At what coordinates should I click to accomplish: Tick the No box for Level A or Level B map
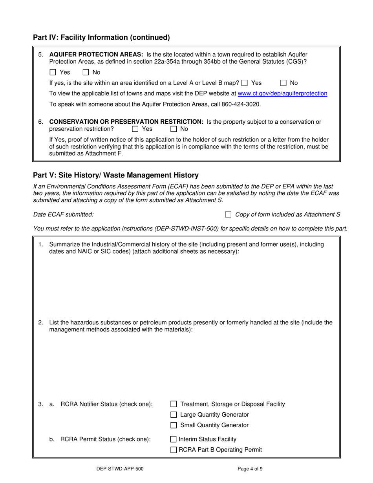click(x=283, y=83)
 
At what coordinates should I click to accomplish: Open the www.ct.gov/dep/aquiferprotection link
click(x=283, y=93)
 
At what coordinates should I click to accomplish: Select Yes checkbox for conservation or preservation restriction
click(x=135, y=129)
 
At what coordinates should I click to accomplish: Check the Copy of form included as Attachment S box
click(x=228, y=214)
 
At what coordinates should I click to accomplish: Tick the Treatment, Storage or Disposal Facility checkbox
click(x=174, y=404)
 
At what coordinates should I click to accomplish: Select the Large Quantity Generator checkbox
click(x=174, y=415)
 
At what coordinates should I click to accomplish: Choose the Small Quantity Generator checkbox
click(x=174, y=425)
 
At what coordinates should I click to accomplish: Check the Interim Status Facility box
click(x=174, y=439)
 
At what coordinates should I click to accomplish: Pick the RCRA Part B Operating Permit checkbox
click(x=174, y=450)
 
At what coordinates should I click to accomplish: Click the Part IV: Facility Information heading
click(x=101, y=38)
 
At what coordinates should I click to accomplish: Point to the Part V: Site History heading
click(x=116, y=175)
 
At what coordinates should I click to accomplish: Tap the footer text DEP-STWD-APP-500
click(x=117, y=468)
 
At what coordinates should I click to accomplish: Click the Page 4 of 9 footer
click(x=253, y=468)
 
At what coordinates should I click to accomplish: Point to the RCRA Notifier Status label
click(x=106, y=404)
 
